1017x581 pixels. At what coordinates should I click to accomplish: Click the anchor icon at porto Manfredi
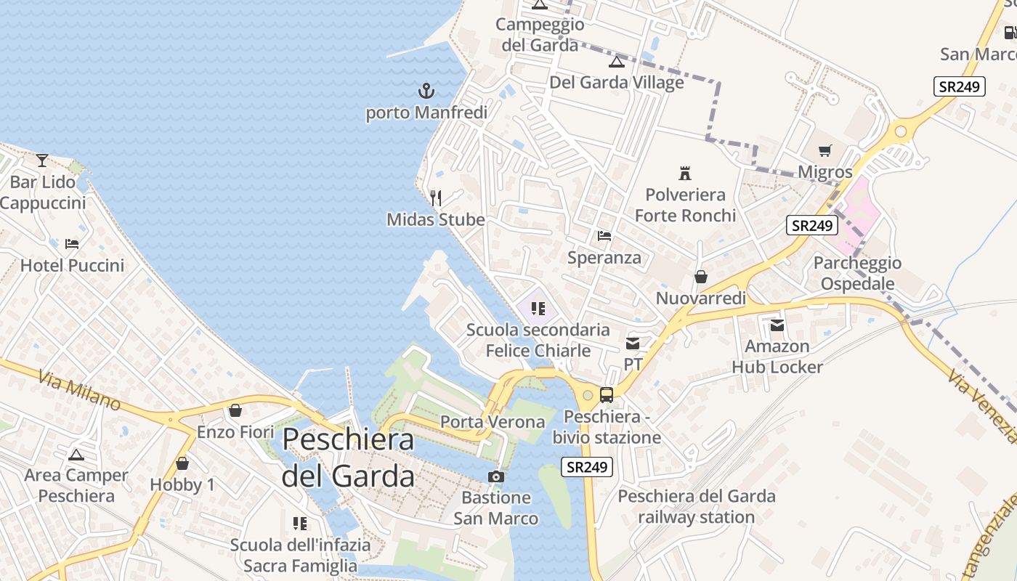coord(426,91)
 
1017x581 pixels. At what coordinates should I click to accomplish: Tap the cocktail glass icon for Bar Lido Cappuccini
coord(42,160)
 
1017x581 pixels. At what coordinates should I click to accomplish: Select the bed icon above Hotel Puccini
coord(72,243)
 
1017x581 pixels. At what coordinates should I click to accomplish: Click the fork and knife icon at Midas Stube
coord(436,198)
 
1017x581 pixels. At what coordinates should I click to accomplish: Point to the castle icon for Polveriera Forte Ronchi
coord(684,173)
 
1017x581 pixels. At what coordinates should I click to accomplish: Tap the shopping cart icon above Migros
coord(824,151)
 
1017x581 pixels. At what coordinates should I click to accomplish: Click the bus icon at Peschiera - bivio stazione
coord(607,395)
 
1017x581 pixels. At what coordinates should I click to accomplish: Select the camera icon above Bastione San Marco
coord(496,476)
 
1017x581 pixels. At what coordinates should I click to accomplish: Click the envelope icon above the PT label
coord(633,343)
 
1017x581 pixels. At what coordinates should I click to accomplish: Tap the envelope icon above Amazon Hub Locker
coord(777,325)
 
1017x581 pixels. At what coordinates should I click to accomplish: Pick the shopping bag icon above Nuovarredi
coord(701,277)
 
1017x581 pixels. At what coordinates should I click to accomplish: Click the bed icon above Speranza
coord(604,236)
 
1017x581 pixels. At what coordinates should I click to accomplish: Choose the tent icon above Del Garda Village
coord(617,61)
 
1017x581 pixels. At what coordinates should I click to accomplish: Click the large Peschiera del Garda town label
coord(348,458)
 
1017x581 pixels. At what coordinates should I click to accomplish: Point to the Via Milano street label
coord(80,390)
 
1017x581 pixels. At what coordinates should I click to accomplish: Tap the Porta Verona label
coord(493,422)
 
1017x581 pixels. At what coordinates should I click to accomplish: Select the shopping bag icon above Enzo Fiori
coord(235,410)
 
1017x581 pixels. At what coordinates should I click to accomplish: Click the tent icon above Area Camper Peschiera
coord(76,455)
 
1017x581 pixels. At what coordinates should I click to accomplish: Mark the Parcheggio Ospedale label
coord(857,273)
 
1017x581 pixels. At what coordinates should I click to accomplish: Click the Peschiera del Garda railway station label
coord(697,507)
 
